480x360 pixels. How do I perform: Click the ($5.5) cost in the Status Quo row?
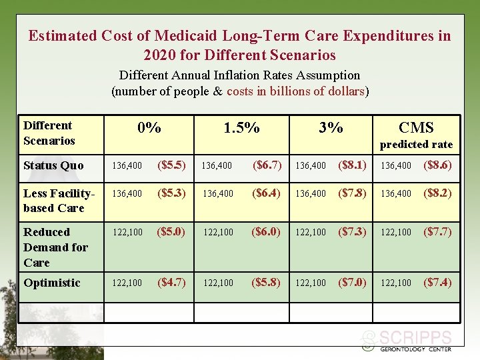tap(171, 165)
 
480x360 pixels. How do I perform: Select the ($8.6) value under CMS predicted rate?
tap(437, 165)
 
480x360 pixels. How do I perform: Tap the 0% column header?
tap(149, 128)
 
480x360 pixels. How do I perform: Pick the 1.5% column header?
tap(241, 128)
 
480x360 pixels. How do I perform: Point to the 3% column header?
tap(331, 128)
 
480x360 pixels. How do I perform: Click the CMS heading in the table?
tap(416, 128)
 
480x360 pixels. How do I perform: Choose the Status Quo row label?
tap(53, 165)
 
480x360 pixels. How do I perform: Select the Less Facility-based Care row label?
tap(58, 201)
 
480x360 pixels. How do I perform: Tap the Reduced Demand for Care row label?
tap(55, 247)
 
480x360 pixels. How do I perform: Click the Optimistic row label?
tap(52, 283)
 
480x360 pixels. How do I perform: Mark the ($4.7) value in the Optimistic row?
tap(171, 282)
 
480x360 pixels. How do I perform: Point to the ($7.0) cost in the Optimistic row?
tap(352, 282)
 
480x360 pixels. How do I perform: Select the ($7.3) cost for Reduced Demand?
tap(352, 231)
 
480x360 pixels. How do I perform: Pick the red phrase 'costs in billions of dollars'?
tap(295, 91)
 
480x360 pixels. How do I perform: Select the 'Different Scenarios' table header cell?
tap(49, 133)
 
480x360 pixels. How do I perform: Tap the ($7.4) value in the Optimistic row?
tap(437, 282)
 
